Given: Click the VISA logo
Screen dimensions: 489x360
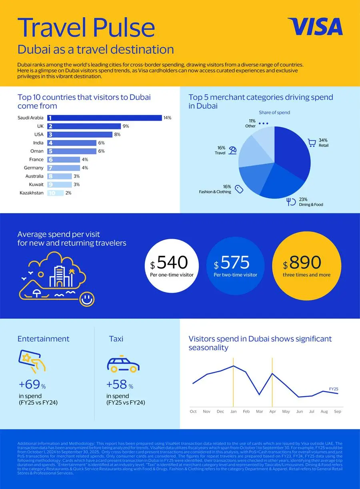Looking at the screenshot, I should coord(315,27).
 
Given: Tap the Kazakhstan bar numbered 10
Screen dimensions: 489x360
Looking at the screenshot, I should coord(55,193).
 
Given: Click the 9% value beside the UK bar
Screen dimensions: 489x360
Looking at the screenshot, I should coord(126,126).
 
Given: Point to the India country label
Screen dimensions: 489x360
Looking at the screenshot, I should coord(39,143).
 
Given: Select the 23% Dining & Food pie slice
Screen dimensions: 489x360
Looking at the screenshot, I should coord(282,184).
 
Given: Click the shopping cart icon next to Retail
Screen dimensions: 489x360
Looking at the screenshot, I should coord(312,143).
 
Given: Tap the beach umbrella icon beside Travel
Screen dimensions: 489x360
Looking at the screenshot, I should coord(233,150).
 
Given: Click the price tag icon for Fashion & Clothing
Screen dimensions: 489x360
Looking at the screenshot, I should coord(239,189).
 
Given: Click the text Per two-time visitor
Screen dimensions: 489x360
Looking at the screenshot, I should coord(235,275).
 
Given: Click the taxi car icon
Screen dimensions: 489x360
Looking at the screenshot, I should coord(123,364).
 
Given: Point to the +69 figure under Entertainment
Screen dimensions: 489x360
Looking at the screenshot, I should coord(30,385).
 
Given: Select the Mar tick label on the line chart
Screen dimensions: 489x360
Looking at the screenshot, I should coord(259,411).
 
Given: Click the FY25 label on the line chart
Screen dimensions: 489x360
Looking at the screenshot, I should coord(333,389).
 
